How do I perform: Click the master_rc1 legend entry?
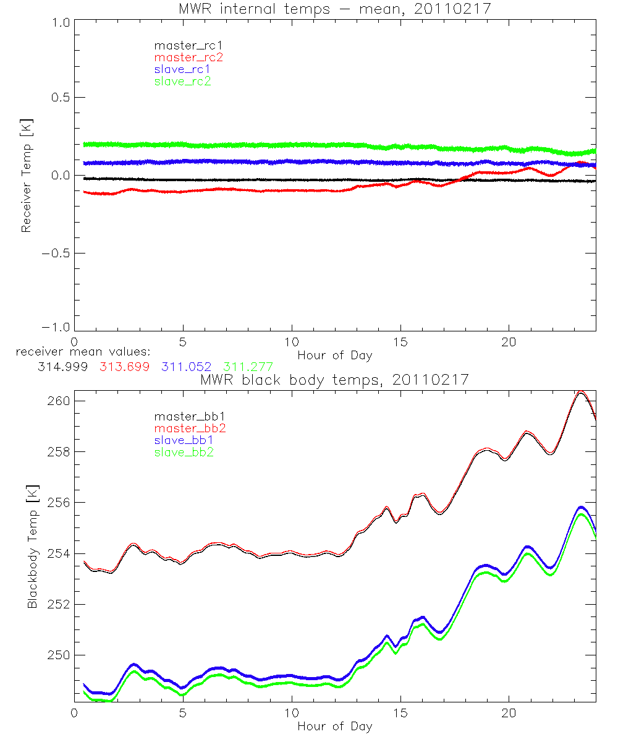(182, 45)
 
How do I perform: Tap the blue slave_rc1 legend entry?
(182, 69)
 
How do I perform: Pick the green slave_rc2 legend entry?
(182, 81)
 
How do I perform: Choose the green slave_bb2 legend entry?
(182, 453)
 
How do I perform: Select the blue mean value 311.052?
(188, 367)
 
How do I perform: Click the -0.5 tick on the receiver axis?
(55, 253)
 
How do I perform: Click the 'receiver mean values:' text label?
(79, 352)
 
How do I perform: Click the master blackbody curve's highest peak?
(580, 391)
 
